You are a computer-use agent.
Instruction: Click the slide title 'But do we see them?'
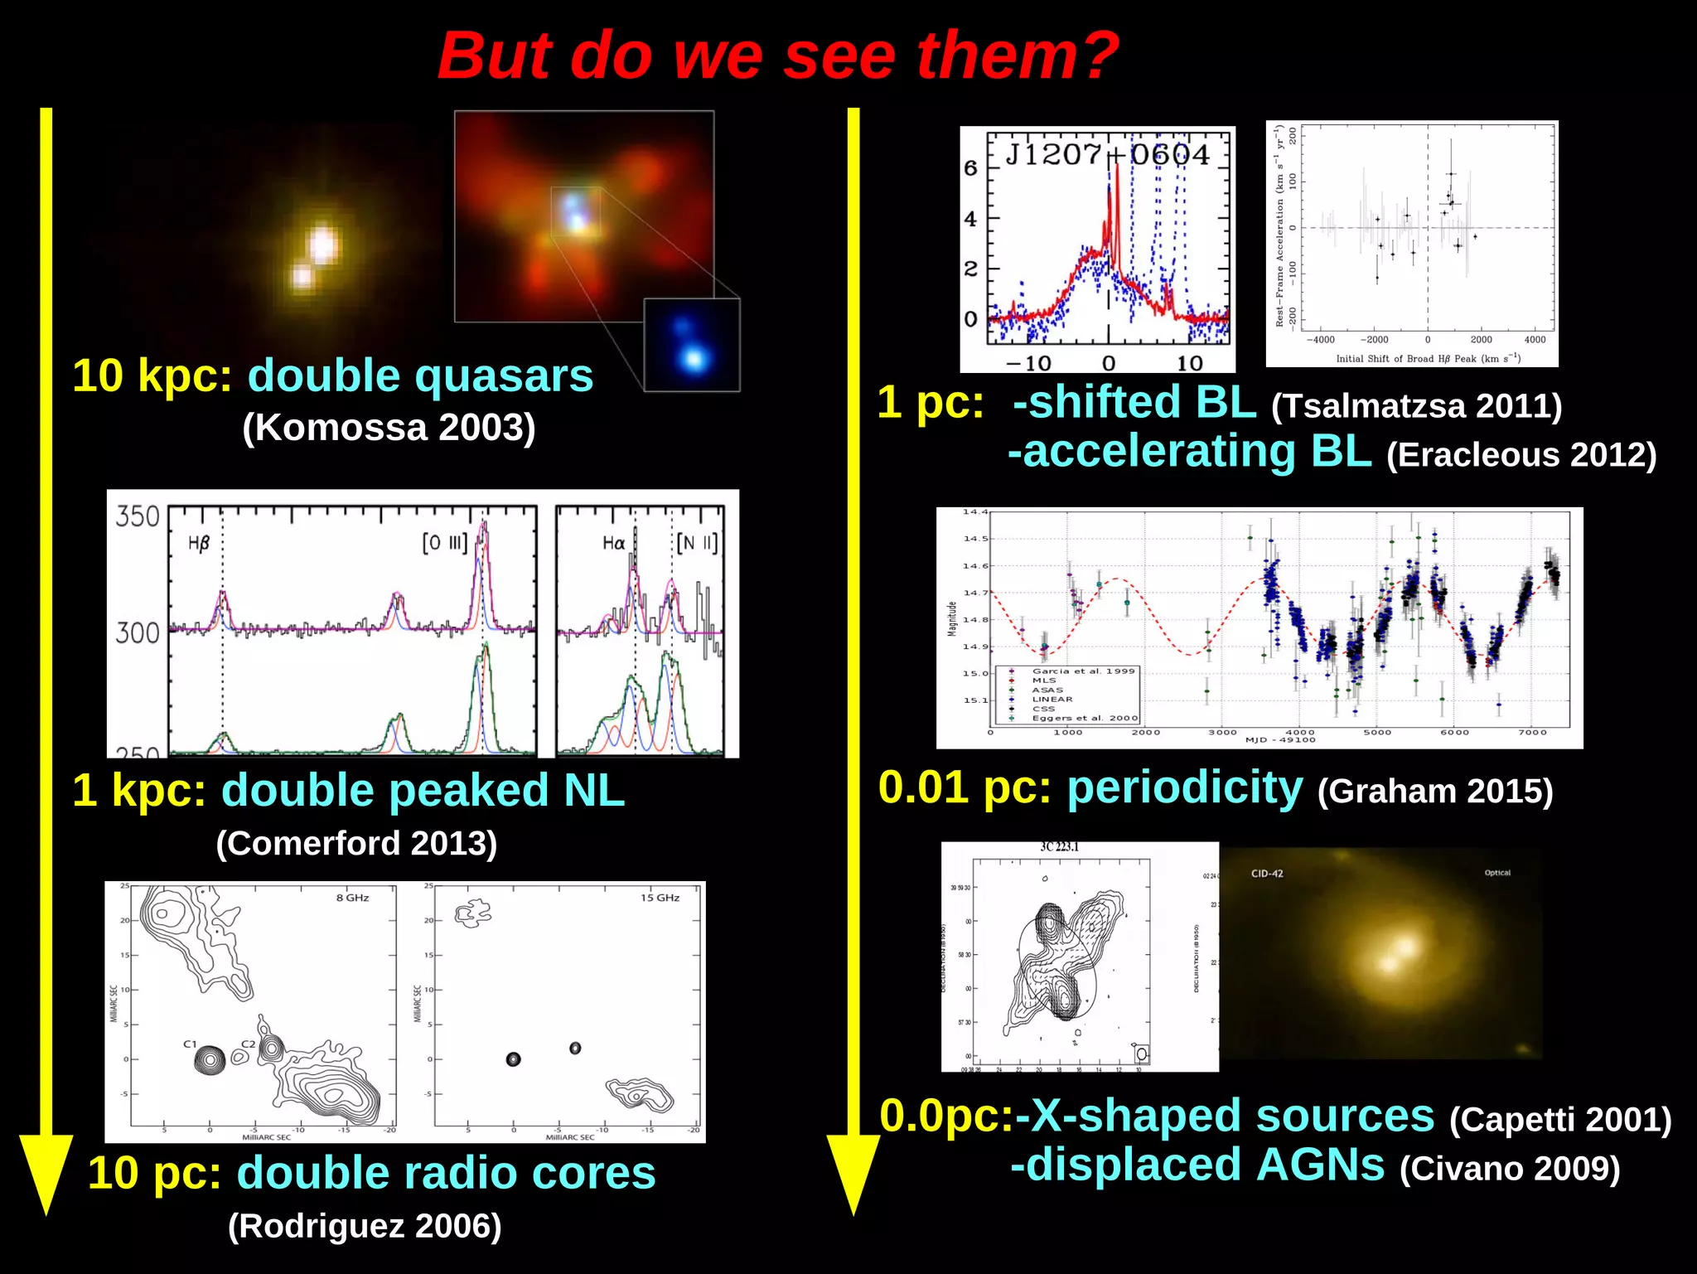(x=777, y=56)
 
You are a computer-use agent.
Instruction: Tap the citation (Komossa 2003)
(x=389, y=429)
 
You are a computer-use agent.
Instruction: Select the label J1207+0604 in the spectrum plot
(x=1107, y=155)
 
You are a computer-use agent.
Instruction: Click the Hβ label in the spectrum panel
(x=199, y=544)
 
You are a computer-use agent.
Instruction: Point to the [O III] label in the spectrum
(x=445, y=544)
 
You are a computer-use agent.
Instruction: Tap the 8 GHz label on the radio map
(x=352, y=898)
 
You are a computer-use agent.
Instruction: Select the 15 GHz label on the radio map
(x=660, y=898)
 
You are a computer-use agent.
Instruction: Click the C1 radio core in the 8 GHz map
(x=210, y=1058)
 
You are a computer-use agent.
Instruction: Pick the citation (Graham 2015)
(x=1434, y=792)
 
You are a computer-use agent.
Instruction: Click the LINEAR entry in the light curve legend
(x=1052, y=700)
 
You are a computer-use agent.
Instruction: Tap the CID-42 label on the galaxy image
(x=1267, y=874)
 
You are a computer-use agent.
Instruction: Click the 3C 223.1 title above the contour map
(x=1060, y=847)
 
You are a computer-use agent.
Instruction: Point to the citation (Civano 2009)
(x=1509, y=1169)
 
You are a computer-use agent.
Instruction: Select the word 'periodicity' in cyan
(x=1185, y=787)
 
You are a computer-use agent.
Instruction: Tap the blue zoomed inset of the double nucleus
(x=691, y=346)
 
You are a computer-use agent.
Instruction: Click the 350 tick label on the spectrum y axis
(x=137, y=517)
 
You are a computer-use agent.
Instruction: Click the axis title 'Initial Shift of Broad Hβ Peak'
(x=1428, y=359)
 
